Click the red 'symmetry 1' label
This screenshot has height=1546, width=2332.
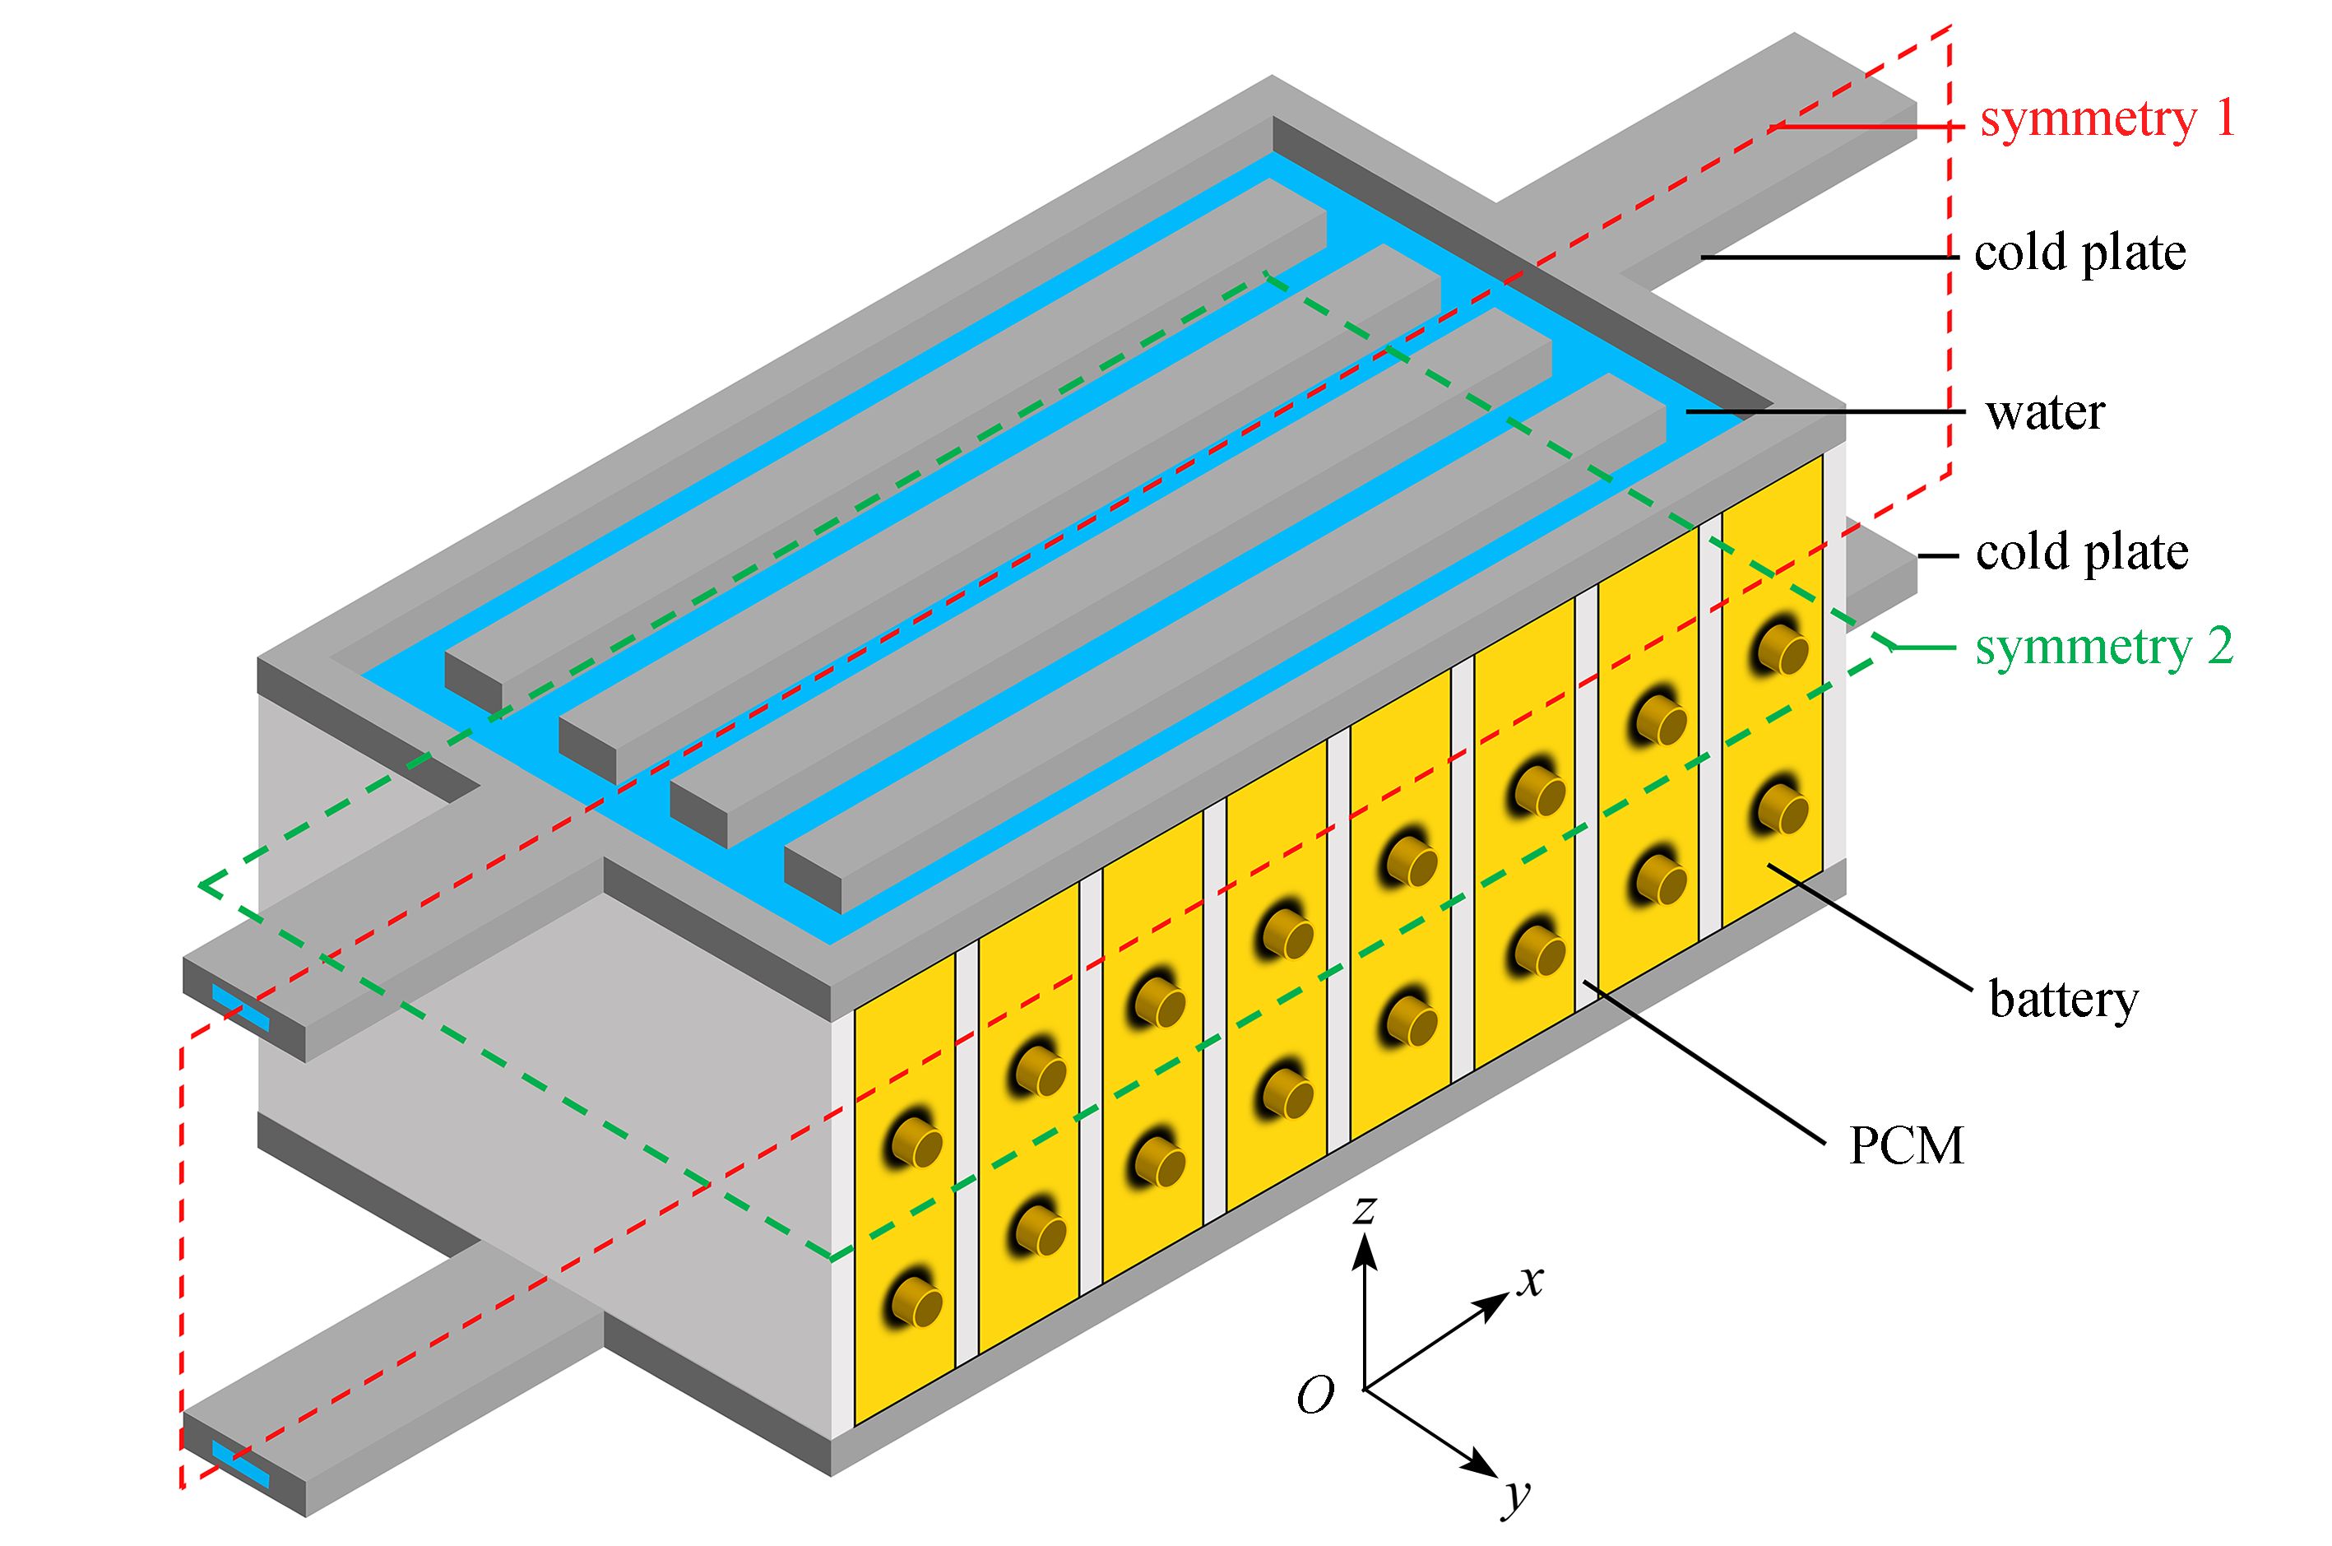2107,120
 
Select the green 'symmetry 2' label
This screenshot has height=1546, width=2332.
2103,648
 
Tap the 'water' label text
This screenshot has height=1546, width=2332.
2045,412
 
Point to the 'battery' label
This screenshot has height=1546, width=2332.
2063,999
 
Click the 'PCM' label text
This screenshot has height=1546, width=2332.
1905,1145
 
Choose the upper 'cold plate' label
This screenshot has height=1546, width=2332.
2079,253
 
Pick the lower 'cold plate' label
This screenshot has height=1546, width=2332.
2082,552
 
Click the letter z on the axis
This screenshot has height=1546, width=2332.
1364,1209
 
